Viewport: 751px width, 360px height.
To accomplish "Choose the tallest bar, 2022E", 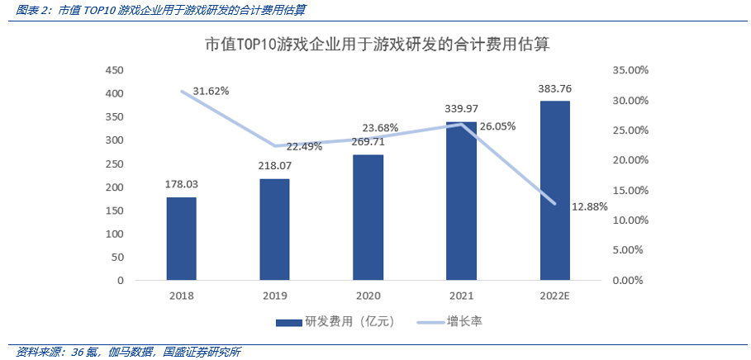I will click(554, 190).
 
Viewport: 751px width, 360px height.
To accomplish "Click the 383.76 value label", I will click(554, 88).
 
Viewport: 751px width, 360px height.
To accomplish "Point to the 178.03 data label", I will click(181, 184).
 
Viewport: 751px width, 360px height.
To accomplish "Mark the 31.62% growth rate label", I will click(211, 90).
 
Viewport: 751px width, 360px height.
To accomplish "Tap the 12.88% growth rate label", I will click(589, 206).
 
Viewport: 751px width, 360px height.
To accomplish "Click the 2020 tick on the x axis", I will click(368, 295).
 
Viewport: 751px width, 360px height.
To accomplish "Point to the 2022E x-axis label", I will click(554, 295).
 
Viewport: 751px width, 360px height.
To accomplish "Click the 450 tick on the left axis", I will click(114, 70).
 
